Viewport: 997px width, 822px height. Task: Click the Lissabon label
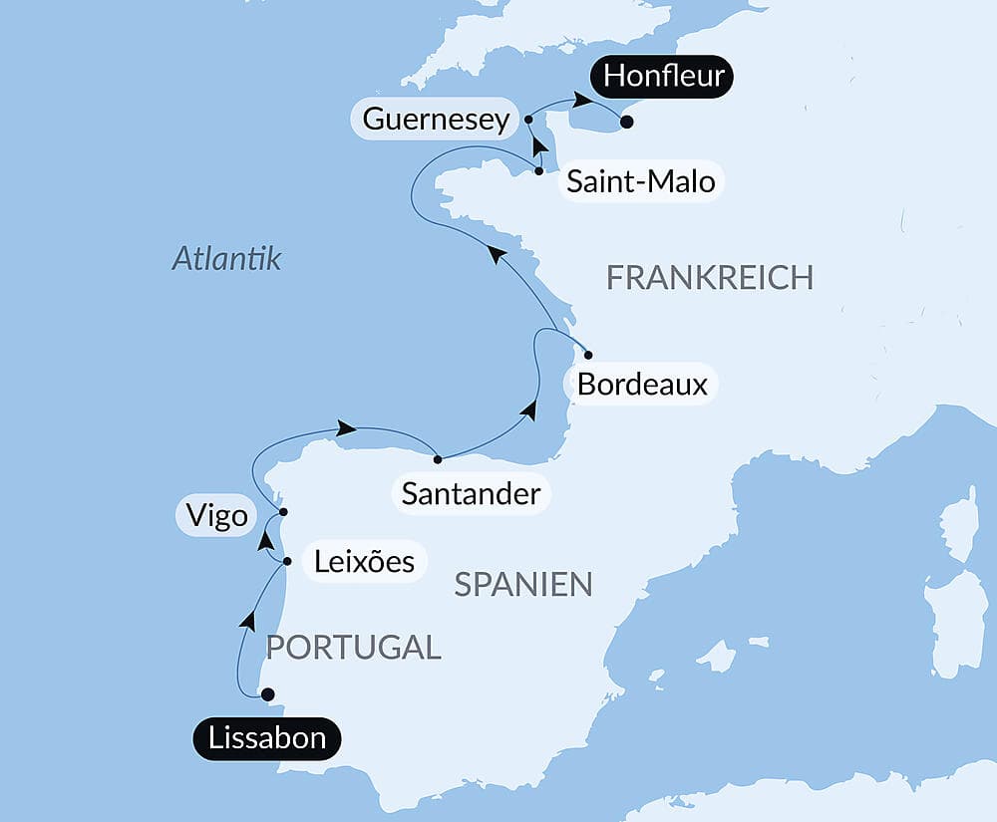click(x=266, y=738)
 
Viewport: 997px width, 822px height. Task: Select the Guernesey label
click(x=436, y=120)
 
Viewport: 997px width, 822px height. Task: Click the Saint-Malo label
click(x=640, y=182)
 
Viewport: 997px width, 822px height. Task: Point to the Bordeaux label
click(x=642, y=385)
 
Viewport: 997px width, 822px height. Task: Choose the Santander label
click(x=471, y=492)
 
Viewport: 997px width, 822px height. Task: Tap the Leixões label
click(x=364, y=561)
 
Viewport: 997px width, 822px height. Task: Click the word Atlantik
click(x=226, y=259)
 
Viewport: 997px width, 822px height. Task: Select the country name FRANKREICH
click(x=710, y=278)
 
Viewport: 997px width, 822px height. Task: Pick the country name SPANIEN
click(x=523, y=584)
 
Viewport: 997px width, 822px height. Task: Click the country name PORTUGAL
click(x=353, y=647)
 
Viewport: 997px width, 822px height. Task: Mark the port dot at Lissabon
click(x=266, y=694)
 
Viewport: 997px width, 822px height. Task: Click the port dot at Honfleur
click(x=626, y=123)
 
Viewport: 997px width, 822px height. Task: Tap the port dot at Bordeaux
click(x=588, y=355)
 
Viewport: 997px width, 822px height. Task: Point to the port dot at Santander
click(x=438, y=459)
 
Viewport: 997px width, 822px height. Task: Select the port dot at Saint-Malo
click(x=538, y=171)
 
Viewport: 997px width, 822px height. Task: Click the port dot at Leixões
click(x=287, y=562)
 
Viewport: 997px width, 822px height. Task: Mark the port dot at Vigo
click(x=283, y=512)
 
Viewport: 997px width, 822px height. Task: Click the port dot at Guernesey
click(x=528, y=120)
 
